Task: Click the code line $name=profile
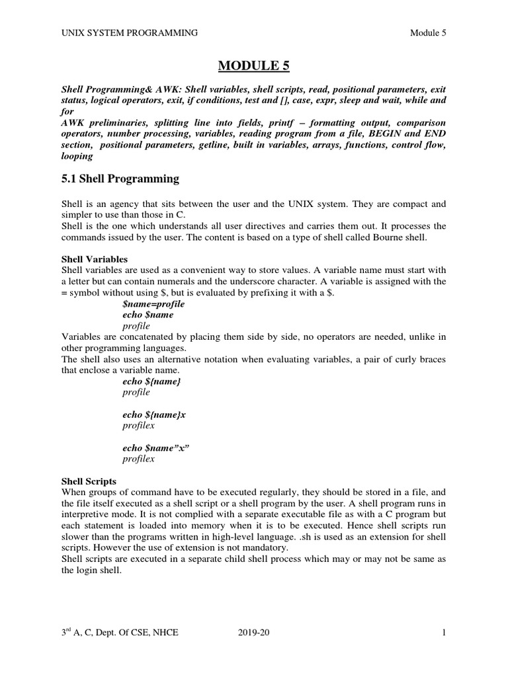point(153,304)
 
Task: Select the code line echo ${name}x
point(154,415)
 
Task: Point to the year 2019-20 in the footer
point(254,633)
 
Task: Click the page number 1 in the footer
point(444,633)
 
